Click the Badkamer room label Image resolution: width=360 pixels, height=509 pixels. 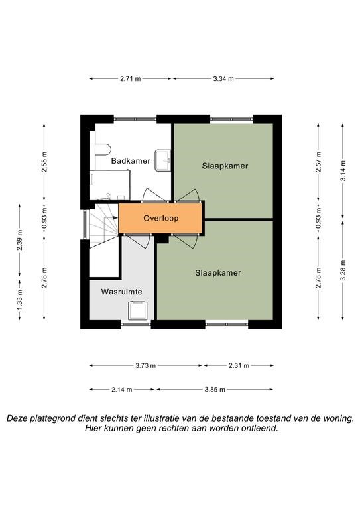tap(131, 160)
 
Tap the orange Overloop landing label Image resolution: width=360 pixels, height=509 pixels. tap(160, 218)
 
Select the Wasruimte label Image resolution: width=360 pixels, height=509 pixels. tap(121, 292)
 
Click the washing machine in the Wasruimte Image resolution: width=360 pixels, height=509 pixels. tap(138, 311)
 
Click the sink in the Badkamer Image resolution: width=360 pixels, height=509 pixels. tap(163, 160)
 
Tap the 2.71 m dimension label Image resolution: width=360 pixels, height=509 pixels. tap(131, 78)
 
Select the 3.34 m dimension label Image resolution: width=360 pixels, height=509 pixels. tap(223, 78)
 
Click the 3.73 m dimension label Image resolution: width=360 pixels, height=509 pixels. tap(145, 365)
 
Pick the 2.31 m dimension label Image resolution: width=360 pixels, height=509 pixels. tap(239, 365)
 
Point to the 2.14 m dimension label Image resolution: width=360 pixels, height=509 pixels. tap(122, 390)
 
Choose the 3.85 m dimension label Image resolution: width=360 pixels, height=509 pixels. tap(215, 390)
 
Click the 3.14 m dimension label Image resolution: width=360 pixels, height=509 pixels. tap(343, 171)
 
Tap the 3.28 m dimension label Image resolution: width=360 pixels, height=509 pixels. tap(343, 270)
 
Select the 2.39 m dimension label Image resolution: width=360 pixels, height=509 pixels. tap(19, 240)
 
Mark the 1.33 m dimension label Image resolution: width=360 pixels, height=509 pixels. tap(19, 300)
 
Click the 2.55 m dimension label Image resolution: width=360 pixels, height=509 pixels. tap(44, 162)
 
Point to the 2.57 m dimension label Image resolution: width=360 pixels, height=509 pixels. tap(318, 162)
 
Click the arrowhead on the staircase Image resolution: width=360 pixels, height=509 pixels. tap(115, 218)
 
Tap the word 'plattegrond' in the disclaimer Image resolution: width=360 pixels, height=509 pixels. tap(52, 418)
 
